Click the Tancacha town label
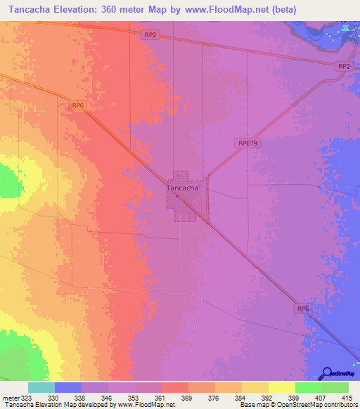(x=182, y=188)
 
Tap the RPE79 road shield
(x=245, y=143)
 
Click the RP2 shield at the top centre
(x=149, y=34)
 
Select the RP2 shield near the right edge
(x=343, y=66)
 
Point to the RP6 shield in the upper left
(x=78, y=105)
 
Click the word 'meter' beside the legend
(x=11, y=398)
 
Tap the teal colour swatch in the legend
(x=41, y=387)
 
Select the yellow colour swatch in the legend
(x=282, y=387)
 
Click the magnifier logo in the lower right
(x=327, y=373)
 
